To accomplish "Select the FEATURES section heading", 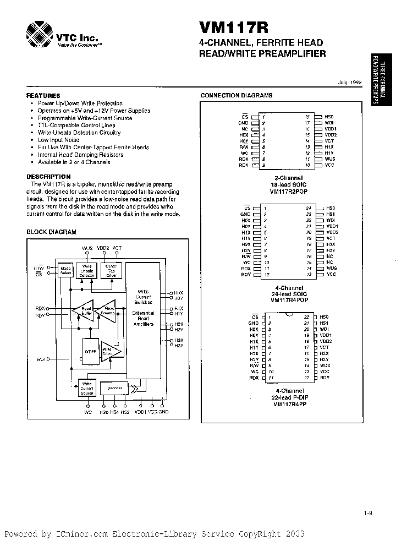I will [x=43, y=95].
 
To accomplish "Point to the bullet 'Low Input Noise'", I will [x=59, y=140].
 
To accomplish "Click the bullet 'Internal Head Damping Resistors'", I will [x=80, y=155].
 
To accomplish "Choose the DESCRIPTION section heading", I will [x=49, y=176].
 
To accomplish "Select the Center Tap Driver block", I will [x=112, y=270].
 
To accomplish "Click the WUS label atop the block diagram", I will [x=87, y=248].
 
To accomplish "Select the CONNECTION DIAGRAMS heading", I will [x=236, y=95].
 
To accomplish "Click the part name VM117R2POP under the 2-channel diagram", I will [x=289, y=192].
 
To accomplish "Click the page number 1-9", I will [x=368, y=513].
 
